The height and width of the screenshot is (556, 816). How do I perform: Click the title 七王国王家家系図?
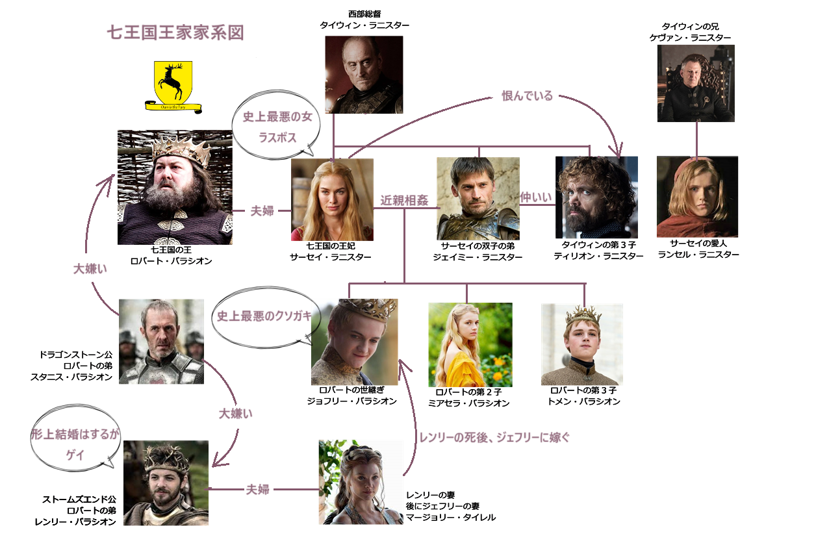pyautogui.click(x=175, y=32)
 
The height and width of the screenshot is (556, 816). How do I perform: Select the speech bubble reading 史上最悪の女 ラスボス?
pyautogui.click(x=276, y=124)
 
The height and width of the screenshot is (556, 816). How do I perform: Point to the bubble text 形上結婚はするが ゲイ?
pyautogui.click(x=75, y=444)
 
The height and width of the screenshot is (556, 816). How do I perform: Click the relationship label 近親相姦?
pyautogui.click(x=404, y=200)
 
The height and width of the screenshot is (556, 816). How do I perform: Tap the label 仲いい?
pyautogui.click(x=536, y=197)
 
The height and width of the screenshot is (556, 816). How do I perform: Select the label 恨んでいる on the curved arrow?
pyautogui.click(x=527, y=95)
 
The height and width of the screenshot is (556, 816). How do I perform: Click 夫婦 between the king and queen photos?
pyautogui.click(x=262, y=210)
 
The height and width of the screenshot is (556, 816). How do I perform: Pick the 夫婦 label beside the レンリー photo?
pyautogui.click(x=257, y=489)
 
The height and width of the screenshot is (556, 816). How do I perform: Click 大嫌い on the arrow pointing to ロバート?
pyautogui.click(x=90, y=269)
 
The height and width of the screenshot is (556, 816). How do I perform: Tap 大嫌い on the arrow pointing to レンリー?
pyautogui.click(x=235, y=413)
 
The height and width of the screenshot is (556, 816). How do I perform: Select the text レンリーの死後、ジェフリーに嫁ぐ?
pyautogui.click(x=494, y=437)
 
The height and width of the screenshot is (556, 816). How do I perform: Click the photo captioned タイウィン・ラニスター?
pyautogui.click(x=364, y=75)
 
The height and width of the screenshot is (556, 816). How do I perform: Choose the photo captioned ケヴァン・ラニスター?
pyautogui.click(x=696, y=83)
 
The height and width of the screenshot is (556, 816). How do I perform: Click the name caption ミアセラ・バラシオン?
pyautogui.click(x=468, y=403)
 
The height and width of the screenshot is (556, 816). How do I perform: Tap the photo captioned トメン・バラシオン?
pyautogui.click(x=581, y=344)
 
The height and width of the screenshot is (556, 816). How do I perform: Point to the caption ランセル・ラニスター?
pyautogui.click(x=698, y=255)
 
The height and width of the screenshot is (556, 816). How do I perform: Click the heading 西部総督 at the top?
pyautogui.click(x=364, y=14)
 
